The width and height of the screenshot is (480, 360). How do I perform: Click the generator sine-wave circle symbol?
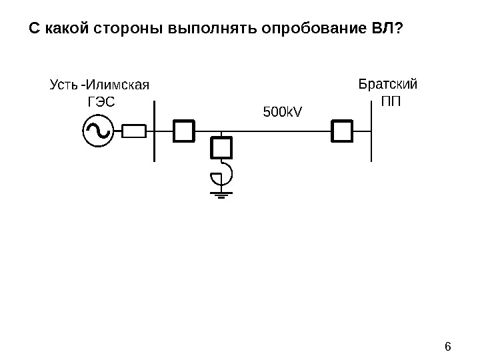[95, 131]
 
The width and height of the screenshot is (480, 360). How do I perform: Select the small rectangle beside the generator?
[134, 131]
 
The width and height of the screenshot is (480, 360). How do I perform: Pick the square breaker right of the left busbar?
[183, 131]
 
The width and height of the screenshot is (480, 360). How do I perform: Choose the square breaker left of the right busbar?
[341, 131]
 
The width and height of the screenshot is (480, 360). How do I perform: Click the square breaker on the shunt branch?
[221, 147]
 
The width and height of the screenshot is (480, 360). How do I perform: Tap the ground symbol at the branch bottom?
[221, 195]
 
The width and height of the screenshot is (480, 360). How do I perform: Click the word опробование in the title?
[313, 30]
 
